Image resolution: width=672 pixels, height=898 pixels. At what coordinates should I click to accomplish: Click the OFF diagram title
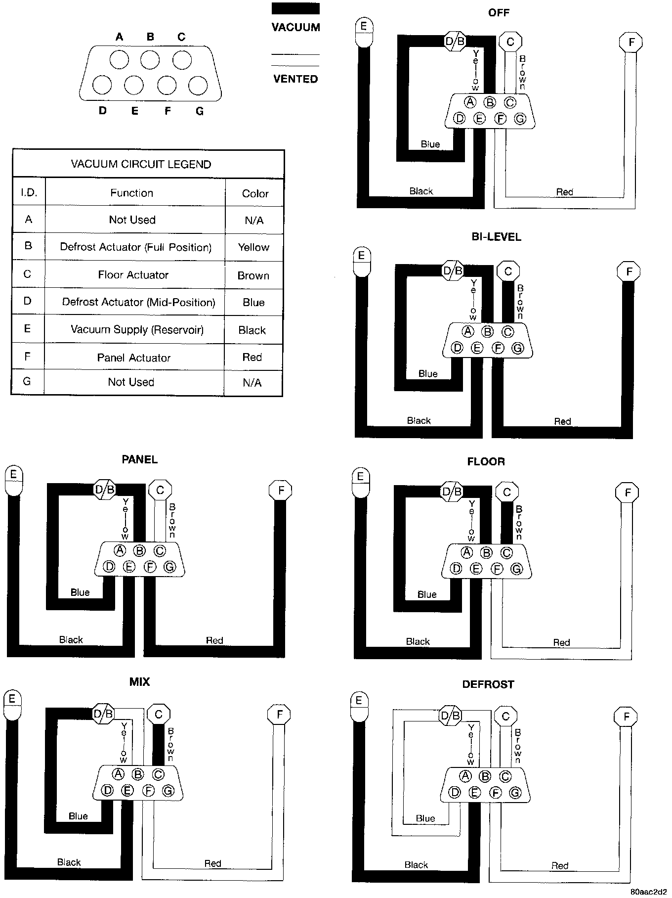pyautogui.click(x=498, y=12)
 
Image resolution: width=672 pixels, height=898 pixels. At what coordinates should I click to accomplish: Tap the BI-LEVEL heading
pyautogui.click(x=496, y=237)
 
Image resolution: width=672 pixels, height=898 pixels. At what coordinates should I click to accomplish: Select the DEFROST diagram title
pyautogui.click(x=488, y=684)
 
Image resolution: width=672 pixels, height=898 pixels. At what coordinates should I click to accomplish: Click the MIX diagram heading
pyautogui.click(x=139, y=682)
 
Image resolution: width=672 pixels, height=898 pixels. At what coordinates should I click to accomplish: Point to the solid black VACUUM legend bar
pyautogui.click(x=295, y=8)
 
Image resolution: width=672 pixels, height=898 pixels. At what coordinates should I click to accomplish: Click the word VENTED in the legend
pyautogui.click(x=295, y=79)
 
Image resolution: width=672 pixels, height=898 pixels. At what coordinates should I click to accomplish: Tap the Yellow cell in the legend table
pyautogui.click(x=253, y=247)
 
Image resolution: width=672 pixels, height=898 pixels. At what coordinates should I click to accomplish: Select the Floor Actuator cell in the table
pyautogui.click(x=133, y=275)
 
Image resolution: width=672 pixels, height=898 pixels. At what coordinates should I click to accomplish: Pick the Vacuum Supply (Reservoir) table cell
pyautogui.click(x=137, y=330)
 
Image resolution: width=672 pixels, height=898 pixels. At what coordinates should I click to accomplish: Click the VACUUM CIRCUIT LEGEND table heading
pyautogui.click(x=141, y=164)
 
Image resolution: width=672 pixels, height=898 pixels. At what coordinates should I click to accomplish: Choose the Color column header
pyautogui.click(x=255, y=193)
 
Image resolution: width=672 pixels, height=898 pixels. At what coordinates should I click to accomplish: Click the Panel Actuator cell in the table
pyautogui.click(x=133, y=358)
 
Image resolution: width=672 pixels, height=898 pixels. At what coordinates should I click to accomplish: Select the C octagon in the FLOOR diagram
pyautogui.click(x=506, y=493)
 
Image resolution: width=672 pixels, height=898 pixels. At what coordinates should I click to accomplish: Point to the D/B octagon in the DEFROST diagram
pyautogui.click(x=450, y=716)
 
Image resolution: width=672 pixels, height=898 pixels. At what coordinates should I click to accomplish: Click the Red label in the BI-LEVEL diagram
pyautogui.click(x=562, y=421)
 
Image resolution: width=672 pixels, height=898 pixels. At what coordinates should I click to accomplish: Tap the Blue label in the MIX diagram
pyautogui.click(x=78, y=816)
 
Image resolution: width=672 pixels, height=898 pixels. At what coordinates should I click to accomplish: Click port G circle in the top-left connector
pyautogui.click(x=198, y=86)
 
